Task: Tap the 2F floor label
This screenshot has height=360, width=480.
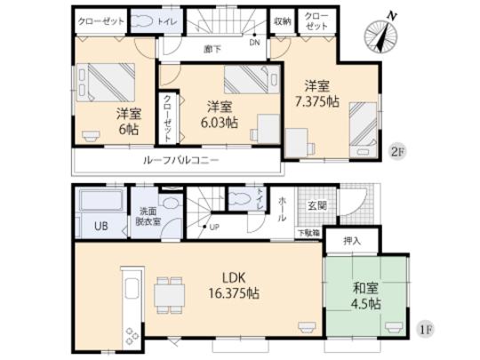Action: [399, 152]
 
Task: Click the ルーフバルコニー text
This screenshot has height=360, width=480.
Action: [180, 161]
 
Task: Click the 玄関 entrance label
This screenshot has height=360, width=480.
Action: [317, 207]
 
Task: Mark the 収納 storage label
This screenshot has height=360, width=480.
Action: [282, 19]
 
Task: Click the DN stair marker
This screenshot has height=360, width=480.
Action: [254, 40]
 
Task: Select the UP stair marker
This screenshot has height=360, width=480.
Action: [215, 228]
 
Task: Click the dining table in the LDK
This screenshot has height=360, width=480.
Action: [167, 292]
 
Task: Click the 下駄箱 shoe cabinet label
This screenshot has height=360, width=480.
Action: [308, 233]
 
